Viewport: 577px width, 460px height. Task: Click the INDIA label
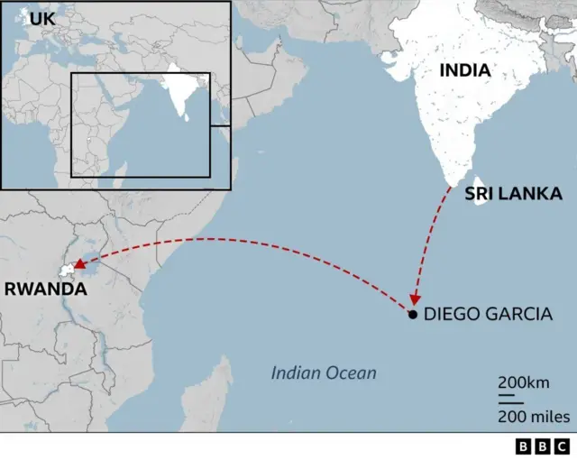465,70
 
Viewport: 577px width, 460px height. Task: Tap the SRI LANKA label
513,194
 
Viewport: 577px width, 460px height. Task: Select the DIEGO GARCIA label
487,315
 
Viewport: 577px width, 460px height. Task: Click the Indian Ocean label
324,373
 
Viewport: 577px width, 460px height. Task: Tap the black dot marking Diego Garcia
412,315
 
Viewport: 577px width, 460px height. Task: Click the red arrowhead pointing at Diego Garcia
415,300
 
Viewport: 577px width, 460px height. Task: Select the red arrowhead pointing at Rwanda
79,265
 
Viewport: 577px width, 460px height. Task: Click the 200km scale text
524,382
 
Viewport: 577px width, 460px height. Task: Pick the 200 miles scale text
534,416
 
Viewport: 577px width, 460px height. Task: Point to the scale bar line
510,398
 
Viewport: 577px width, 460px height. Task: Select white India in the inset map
179,87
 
